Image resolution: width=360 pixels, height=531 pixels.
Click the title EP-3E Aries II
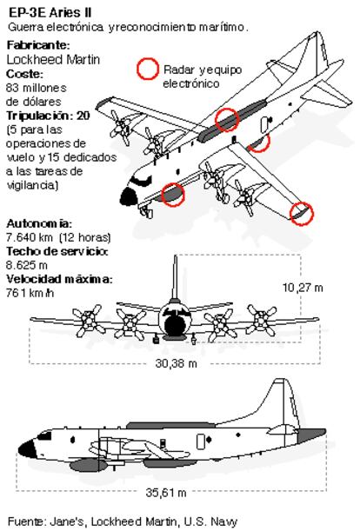coord(50,13)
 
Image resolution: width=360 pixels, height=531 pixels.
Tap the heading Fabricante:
coord(38,45)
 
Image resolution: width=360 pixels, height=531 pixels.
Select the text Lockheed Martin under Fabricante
coord(53,60)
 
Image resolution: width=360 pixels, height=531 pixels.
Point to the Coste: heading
coord(24,74)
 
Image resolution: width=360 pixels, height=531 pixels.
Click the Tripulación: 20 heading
coord(48,116)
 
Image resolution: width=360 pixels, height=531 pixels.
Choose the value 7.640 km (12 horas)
coord(58,237)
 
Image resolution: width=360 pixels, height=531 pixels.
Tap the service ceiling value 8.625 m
coord(27,265)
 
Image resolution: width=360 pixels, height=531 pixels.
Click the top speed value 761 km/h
coord(30,293)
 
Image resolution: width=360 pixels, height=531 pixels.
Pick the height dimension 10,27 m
coord(303,288)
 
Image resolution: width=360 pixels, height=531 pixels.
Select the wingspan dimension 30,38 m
coord(176,364)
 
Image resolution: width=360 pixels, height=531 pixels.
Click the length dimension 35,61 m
coord(166,493)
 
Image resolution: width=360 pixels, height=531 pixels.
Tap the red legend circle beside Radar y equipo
coord(148,69)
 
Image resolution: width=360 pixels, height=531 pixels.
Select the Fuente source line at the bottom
coord(122,521)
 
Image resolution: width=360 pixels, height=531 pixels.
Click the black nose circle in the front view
coord(175,324)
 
